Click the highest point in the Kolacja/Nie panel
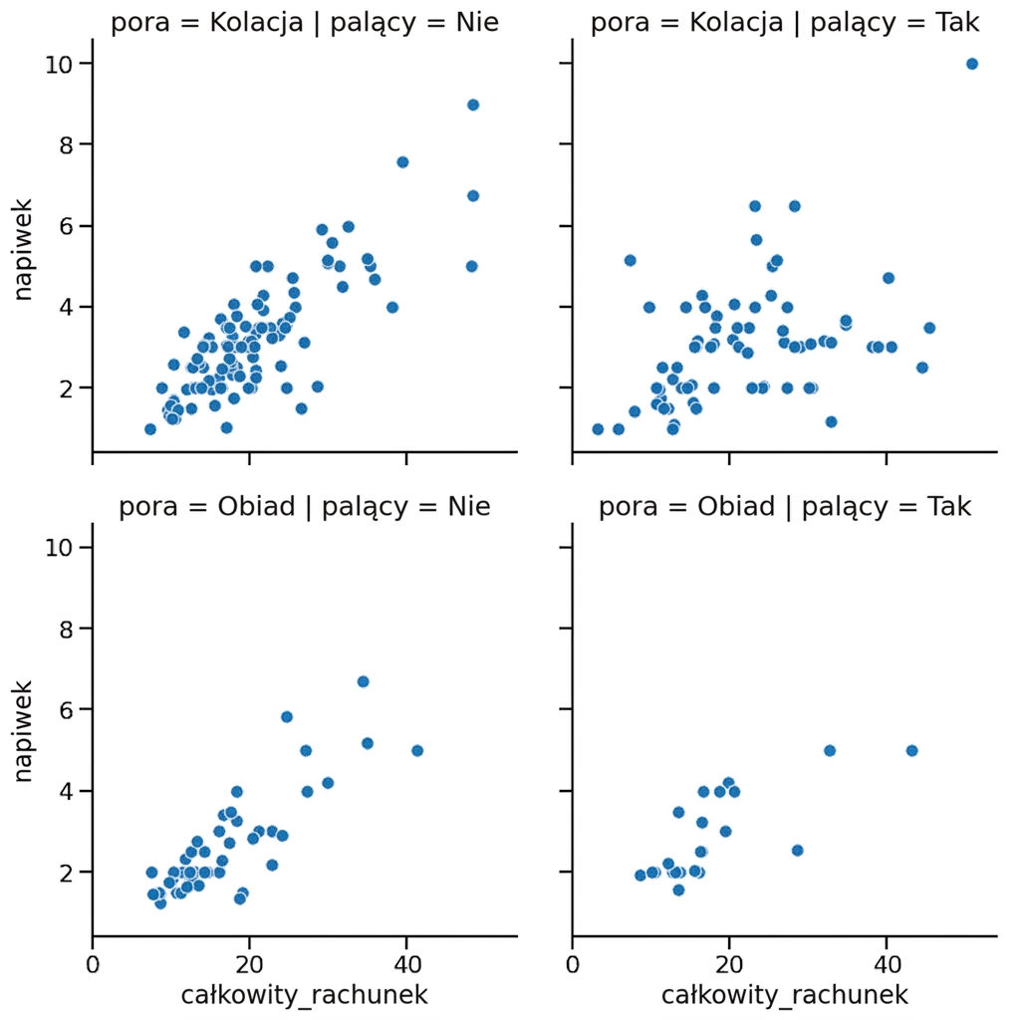click(x=473, y=105)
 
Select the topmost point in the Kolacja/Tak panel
click(x=972, y=64)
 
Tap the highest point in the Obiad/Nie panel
click(x=363, y=681)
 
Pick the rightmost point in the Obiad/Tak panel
click(x=911, y=751)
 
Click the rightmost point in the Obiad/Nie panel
click(x=417, y=751)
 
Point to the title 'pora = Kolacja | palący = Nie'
click(x=305, y=23)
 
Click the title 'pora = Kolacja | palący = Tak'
click(x=785, y=23)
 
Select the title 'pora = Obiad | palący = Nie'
click(x=305, y=507)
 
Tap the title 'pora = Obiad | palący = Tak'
click(x=785, y=507)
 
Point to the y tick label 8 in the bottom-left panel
click(x=66, y=630)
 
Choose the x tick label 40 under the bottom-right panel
click(x=887, y=964)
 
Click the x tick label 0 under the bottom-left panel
click(x=93, y=964)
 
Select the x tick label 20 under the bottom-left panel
click(x=249, y=964)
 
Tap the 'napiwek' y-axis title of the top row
click(x=23, y=250)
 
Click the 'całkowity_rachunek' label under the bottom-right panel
click(x=785, y=995)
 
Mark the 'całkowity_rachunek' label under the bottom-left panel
click(x=305, y=995)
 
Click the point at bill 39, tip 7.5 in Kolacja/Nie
click(x=402, y=162)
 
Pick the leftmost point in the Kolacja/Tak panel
click(x=598, y=429)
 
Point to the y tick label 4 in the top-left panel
click(x=66, y=307)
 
